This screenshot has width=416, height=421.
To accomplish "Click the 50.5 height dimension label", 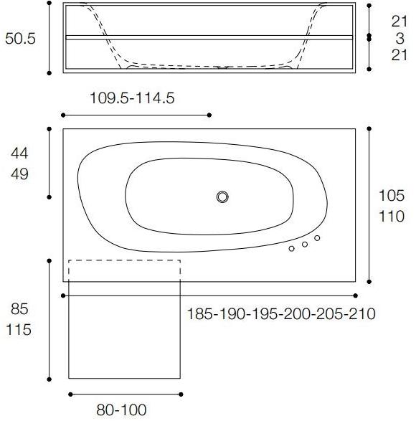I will [x=20, y=39].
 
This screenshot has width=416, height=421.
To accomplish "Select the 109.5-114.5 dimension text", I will [x=132, y=98].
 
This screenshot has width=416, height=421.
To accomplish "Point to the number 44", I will [x=20, y=152].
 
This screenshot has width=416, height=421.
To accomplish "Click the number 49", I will [x=20, y=174].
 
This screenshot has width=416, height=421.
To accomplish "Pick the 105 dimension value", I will [x=391, y=195].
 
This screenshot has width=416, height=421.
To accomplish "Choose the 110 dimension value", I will [x=391, y=216].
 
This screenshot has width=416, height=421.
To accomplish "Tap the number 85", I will [x=20, y=311].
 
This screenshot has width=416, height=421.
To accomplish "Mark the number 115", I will [x=20, y=332].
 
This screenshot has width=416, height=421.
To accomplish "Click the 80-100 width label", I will [x=121, y=410].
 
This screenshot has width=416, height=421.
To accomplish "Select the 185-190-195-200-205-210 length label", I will [x=281, y=313].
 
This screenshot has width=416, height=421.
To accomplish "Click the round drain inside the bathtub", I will [x=222, y=197].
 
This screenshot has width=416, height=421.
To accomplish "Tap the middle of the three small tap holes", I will [x=304, y=244].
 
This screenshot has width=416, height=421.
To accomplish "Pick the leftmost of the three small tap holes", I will [x=291, y=249].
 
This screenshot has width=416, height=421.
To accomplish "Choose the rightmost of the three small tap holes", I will [x=317, y=238].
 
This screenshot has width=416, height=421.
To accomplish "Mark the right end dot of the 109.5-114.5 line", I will [x=209, y=115].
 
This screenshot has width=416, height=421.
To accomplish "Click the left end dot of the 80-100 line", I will [x=70, y=394].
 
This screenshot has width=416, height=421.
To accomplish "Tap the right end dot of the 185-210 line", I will [x=356, y=295].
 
